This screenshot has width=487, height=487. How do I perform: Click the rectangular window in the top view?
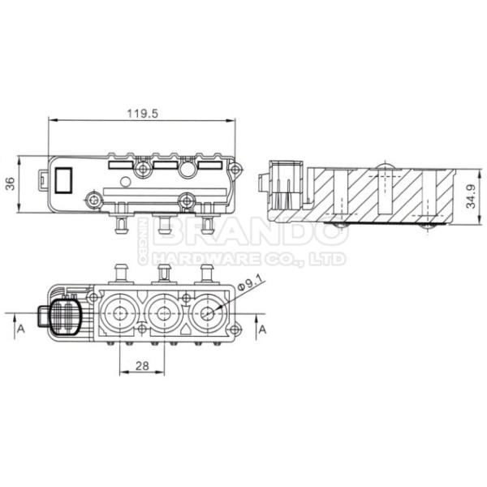coord(65,179)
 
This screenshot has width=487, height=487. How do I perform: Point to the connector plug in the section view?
coord(283,184)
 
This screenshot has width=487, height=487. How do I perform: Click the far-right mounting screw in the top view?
coord(236,170)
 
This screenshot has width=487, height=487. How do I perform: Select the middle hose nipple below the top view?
coord(162,222)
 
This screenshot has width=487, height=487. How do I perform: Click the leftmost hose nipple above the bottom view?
coord(121,267)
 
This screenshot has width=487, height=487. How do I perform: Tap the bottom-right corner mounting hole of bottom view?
coord(235,329)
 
